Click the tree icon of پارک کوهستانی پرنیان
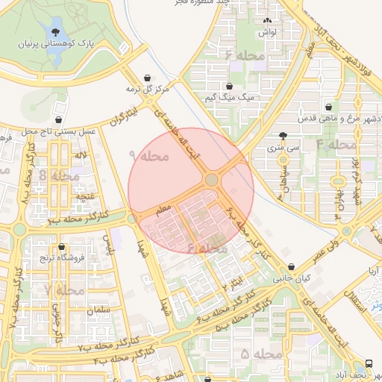[56, 31]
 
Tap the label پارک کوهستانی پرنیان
[56, 46]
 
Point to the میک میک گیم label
[229, 98]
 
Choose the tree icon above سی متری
[282, 135]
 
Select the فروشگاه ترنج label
[61, 257]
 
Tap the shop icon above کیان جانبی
[291, 266]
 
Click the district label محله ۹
[149, 157]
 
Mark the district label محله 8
[54, 175]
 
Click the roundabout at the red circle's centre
[212, 180]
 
